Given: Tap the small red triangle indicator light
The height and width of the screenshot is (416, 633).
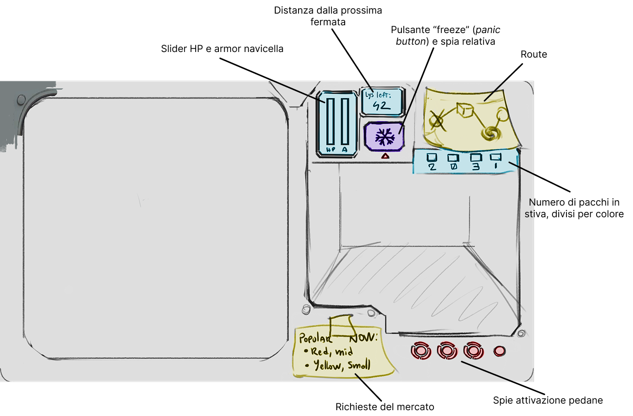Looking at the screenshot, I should click(385, 156).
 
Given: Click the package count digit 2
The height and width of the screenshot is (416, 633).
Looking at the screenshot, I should click(432, 167).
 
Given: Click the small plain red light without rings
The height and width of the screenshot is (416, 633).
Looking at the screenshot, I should click(499, 351).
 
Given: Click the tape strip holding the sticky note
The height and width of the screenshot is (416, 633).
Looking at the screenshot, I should click(341, 324).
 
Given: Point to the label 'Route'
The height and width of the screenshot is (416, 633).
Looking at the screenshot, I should click(533, 54).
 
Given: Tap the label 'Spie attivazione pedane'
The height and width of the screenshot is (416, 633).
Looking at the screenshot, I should click(548, 400).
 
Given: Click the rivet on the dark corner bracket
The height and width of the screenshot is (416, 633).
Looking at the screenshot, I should click(21, 100).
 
